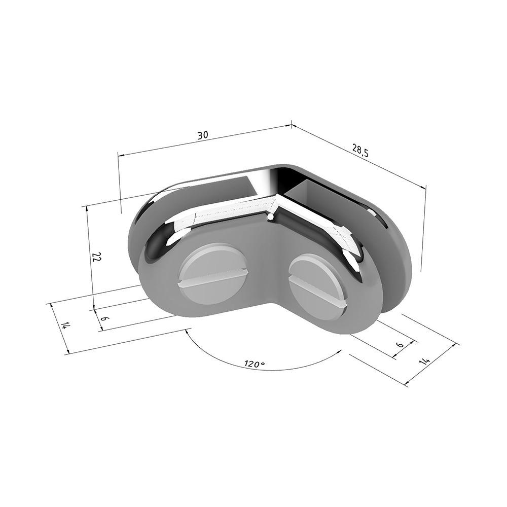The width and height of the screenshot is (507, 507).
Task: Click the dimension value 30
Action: pos(203,135)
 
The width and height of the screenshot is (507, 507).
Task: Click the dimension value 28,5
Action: pos(359,151)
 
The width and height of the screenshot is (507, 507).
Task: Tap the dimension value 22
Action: pos(96,257)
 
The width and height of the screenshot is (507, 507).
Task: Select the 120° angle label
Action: pos(255,364)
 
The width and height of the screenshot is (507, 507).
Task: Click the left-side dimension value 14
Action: pos(65,325)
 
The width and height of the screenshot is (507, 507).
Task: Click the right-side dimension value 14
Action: pos(424,361)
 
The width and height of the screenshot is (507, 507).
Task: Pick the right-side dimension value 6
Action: pos(400,345)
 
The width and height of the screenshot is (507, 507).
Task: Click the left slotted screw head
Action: pos(214,273)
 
